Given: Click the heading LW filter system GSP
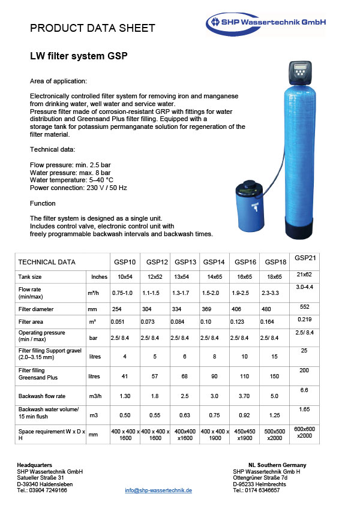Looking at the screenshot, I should (79, 56).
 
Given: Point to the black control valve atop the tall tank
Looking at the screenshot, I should (300, 73).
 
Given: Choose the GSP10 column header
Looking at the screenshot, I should (125, 262).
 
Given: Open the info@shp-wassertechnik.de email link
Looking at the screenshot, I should (158, 490).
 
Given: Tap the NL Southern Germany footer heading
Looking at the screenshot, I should (277, 465).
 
